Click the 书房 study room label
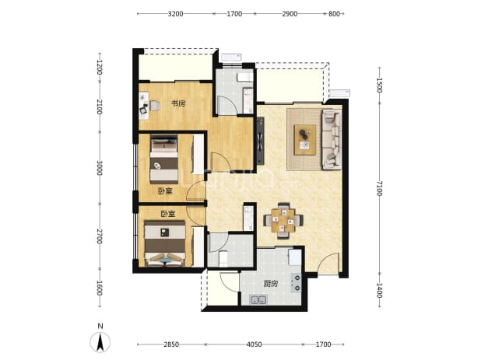coord(178,103)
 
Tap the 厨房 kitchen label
coord(271,284)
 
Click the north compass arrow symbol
coord(100,342)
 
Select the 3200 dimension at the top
coord(176,14)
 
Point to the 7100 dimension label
coord(380,188)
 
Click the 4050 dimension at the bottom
coord(255,344)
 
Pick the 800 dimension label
coord(334,14)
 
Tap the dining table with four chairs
coord(283,221)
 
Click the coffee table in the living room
coord(305,139)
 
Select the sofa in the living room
coord(332,139)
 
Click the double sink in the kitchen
coord(258,299)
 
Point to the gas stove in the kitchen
coord(297,283)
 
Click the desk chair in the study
coord(155,106)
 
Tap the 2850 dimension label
coord(171,344)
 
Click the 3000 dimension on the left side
coord(99,168)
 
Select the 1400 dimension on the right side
coord(380,290)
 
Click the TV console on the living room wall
coord(261,141)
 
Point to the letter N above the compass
coord(100,327)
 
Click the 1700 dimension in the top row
coord(234,14)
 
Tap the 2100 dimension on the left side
coord(99,107)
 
